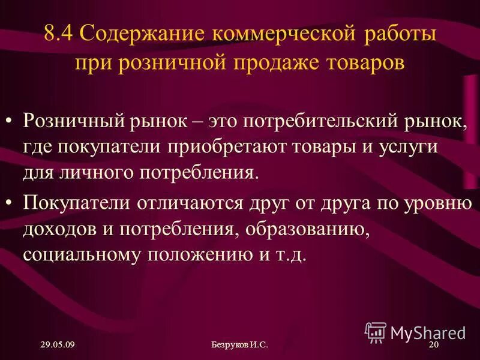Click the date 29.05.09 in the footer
click(x=58, y=344)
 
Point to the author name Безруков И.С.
click(x=239, y=344)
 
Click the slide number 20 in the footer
click(x=434, y=344)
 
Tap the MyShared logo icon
click(x=376, y=331)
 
